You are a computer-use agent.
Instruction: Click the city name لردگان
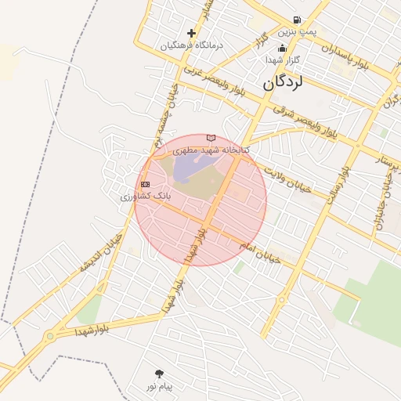282,81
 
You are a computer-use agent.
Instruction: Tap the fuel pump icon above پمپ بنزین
297,20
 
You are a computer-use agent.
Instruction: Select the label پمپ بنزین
298,32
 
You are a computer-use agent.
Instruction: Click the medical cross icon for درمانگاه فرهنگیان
192,34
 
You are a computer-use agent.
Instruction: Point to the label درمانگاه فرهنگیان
192,45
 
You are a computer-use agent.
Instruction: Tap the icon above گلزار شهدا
282,49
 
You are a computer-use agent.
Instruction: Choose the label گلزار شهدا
283,60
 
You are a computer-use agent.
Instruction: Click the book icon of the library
211,138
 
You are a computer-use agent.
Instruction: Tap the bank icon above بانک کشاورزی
145,185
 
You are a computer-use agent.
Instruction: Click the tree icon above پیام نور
160,374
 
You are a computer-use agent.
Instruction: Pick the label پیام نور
160,385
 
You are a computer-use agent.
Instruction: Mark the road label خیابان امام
258,249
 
